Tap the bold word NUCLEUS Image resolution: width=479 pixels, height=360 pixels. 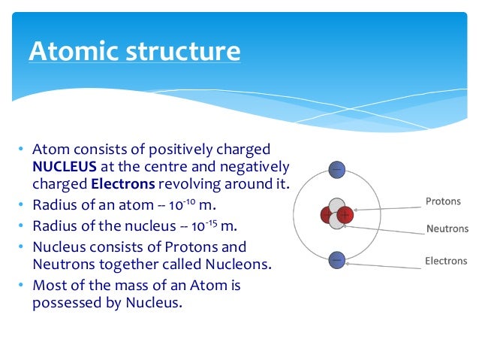[64, 166]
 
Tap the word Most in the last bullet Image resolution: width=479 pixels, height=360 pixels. [49, 286]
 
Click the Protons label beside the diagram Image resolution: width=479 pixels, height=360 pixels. [443, 202]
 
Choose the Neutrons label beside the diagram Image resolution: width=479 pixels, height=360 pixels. [447, 229]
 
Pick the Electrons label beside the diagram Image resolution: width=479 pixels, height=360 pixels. [446, 262]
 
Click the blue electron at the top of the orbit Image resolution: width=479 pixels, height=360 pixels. [336, 170]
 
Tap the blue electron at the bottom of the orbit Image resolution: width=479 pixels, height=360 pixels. [336, 260]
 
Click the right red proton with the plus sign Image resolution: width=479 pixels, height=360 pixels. [344, 216]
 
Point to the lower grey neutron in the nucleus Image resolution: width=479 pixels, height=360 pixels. [336, 222]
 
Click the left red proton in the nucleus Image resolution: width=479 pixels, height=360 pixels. [328, 216]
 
